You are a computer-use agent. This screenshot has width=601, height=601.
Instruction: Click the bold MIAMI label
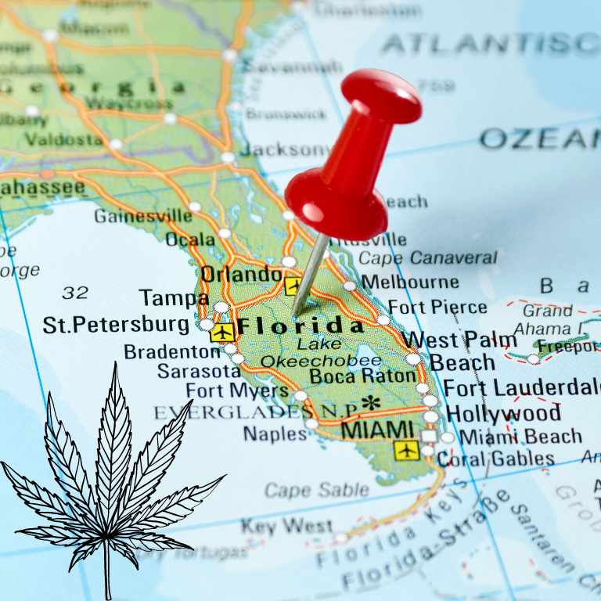click(x=378, y=430)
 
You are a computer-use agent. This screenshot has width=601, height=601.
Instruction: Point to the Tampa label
click(x=174, y=298)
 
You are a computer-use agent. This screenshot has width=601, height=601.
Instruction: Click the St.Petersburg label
click(x=116, y=325)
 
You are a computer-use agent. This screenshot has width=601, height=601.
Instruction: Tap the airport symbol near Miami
click(x=406, y=450)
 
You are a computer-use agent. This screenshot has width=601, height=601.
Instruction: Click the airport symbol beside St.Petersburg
click(x=223, y=332)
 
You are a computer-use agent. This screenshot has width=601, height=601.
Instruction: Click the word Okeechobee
click(x=321, y=361)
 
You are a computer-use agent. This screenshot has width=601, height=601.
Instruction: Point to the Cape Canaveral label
click(x=428, y=258)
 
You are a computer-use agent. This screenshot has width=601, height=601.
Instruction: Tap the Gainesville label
click(x=142, y=215)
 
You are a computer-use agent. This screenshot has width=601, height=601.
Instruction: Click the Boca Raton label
click(x=362, y=376)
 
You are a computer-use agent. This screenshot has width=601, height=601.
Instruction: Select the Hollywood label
click(x=503, y=413)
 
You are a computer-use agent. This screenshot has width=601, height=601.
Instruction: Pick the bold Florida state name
click(x=300, y=326)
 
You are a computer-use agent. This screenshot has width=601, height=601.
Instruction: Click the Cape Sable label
click(x=315, y=491)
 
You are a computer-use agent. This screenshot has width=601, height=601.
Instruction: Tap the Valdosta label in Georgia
click(x=63, y=139)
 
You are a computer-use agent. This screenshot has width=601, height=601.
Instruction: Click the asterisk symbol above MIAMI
click(x=371, y=403)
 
